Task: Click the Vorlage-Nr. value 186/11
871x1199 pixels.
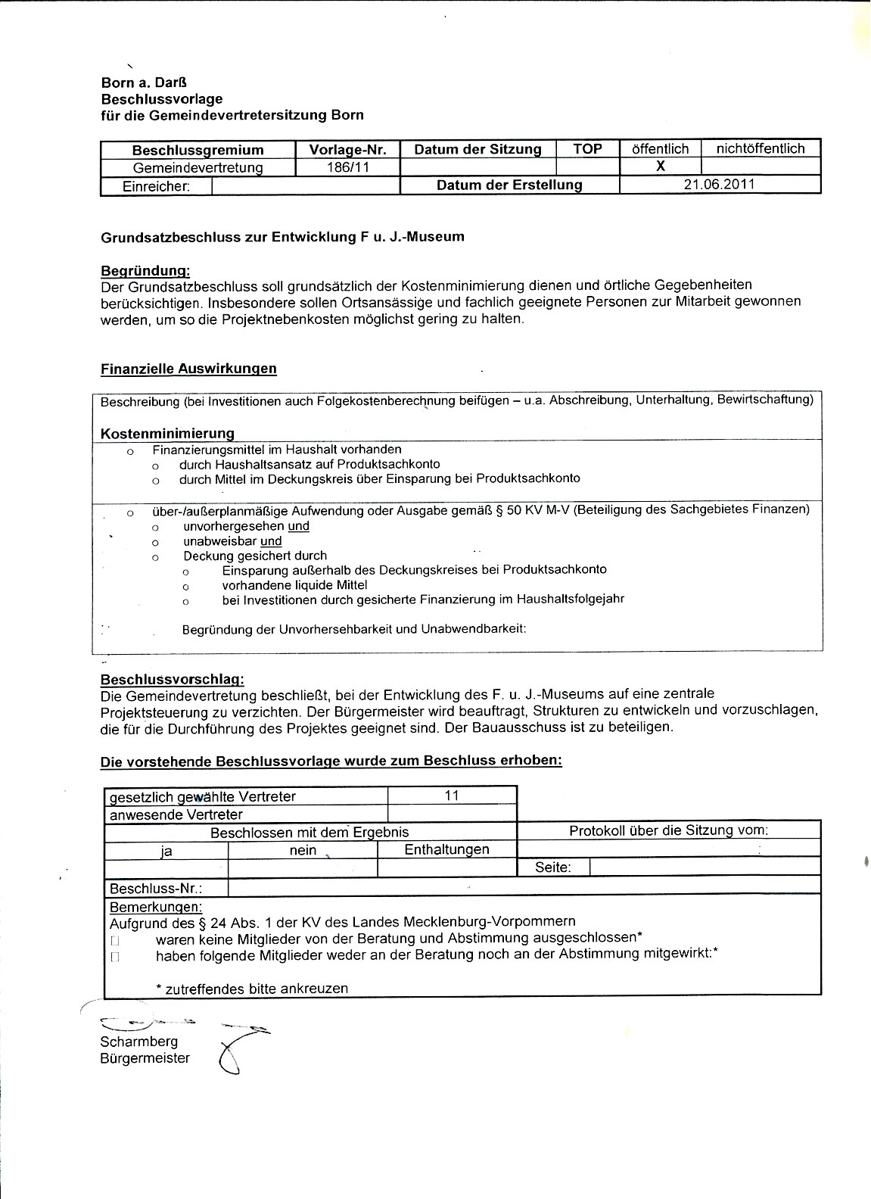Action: pyautogui.click(x=347, y=167)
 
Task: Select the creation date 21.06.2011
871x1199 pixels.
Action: pyautogui.click(x=720, y=185)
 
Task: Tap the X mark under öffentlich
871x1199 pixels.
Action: pyautogui.click(x=660, y=167)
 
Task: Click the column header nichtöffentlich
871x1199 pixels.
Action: pyautogui.click(x=761, y=149)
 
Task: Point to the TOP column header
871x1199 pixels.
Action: pyautogui.click(x=587, y=149)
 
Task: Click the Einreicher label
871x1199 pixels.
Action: pyautogui.click(x=156, y=186)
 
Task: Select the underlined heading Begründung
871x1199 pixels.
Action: pyautogui.click(x=145, y=270)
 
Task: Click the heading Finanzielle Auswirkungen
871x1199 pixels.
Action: pyautogui.click(x=188, y=369)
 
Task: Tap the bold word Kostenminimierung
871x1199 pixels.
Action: pyautogui.click(x=167, y=434)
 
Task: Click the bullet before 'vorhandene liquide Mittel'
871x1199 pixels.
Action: pyautogui.click(x=186, y=587)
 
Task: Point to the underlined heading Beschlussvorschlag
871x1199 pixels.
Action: pyautogui.click(x=172, y=680)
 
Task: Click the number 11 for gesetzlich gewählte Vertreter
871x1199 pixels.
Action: pyautogui.click(x=452, y=796)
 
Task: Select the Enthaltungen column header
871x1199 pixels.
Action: pyautogui.click(x=446, y=850)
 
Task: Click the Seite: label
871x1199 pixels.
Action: pyautogui.click(x=552, y=867)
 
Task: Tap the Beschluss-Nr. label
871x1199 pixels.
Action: pyautogui.click(x=156, y=889)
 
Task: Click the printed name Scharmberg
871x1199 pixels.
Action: pyautogui.click(x=138, y=1042)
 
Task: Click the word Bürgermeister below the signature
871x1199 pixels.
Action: pyautogui.click(x=145, y=1058)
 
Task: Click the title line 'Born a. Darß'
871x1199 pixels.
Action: pyautogui.click(x=144, y=83)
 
